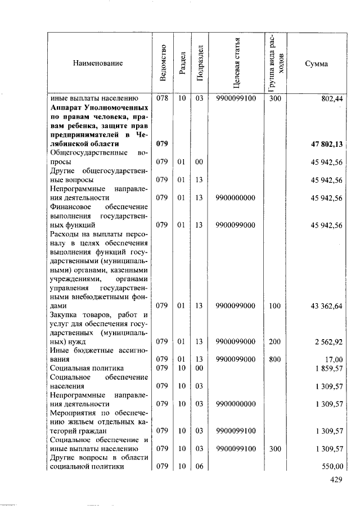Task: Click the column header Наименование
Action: (x=97, y=64)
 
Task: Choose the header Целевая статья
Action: (x=236, y=63)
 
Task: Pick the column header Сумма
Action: (x=316, y=64)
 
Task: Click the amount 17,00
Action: (x=334, y=358)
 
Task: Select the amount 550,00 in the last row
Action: (x=332, y=466)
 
